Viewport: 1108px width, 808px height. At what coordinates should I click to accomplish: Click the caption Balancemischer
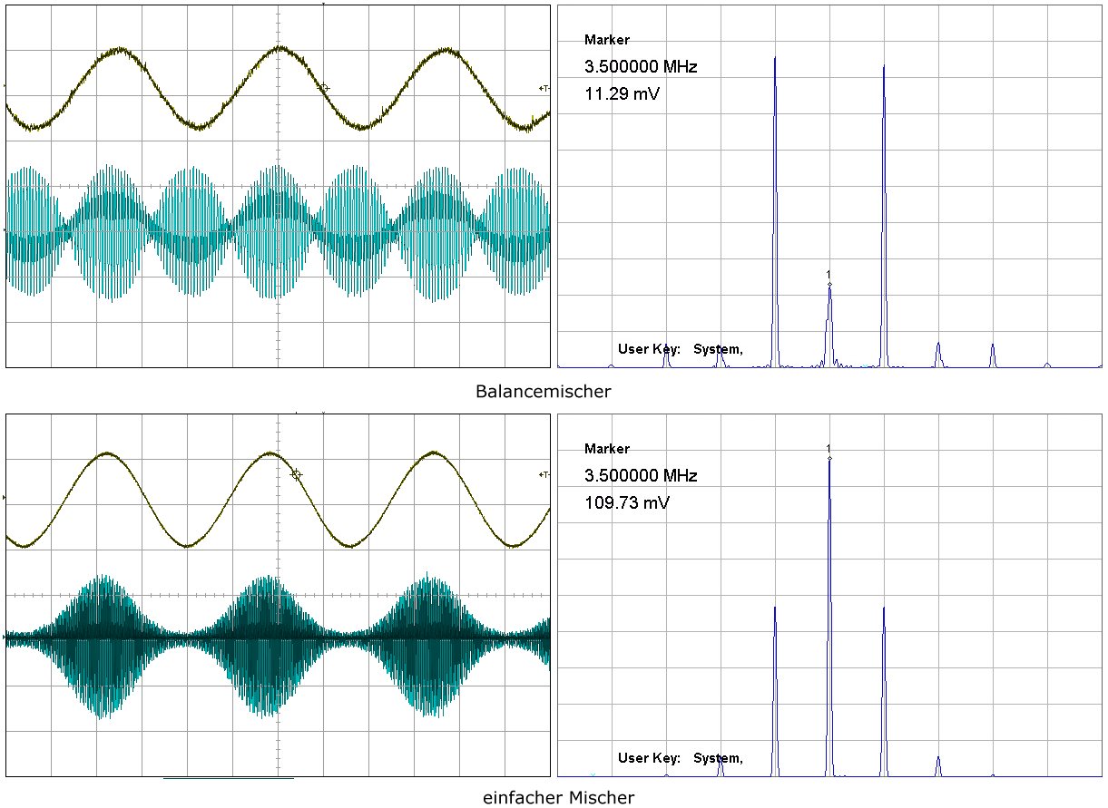[543, 392]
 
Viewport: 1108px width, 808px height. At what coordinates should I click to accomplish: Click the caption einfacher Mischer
[558, 798]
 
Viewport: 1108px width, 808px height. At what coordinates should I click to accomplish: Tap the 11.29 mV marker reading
[622, 92]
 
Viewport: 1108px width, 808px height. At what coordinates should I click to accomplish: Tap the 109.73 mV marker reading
[627, 502]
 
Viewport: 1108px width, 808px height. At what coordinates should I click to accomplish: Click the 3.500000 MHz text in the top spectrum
[641, 67]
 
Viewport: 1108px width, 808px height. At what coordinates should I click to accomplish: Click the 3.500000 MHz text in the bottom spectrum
[641, 476]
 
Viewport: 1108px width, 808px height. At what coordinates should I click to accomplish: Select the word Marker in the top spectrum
[607, 40]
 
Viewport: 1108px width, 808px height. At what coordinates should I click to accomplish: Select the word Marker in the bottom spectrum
[607, 449]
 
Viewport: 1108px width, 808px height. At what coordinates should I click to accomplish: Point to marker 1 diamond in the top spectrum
[829, 285]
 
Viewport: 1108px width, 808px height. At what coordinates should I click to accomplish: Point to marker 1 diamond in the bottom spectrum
[829, 458]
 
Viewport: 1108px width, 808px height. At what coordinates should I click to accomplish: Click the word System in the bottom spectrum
[718, 758]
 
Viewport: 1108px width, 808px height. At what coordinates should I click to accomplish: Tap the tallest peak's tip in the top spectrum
[775, 58]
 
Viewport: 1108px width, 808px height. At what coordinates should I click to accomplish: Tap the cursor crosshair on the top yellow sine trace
[324, 88]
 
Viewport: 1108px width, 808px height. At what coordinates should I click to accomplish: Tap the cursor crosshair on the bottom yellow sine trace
[295, 474]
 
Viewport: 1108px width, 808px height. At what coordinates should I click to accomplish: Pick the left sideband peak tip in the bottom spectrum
[775, 608]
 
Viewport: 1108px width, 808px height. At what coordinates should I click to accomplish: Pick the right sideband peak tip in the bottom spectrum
[884, 608]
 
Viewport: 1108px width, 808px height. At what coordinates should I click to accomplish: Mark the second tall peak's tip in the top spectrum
[884, 66]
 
